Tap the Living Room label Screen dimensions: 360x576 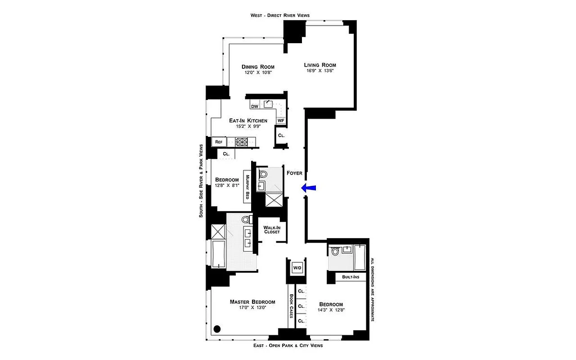tap(319, 65)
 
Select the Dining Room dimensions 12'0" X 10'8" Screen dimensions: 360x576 tap(258, 72)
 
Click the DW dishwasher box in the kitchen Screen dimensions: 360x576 tap(254, 107)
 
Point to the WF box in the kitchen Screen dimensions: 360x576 tap(281, 121)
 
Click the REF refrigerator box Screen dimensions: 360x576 tap(219, 142)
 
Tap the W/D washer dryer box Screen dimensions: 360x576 tap(297, 268)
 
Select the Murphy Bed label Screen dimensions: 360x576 tap(247, 187)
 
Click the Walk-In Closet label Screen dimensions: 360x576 tap(272, 229)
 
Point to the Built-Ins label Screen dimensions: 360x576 tap(351, 277)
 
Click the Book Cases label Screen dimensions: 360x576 tap(291, 306)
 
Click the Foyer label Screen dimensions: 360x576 tap(294, 172)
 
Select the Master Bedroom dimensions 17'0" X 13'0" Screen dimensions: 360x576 tap(252, 308)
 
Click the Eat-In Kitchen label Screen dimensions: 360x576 tap(248, 121)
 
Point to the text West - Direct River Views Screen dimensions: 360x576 tap(280, 15)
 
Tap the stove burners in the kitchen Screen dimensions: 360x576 tap(242, 142)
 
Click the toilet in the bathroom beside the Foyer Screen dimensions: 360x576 tap(263, 173)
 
